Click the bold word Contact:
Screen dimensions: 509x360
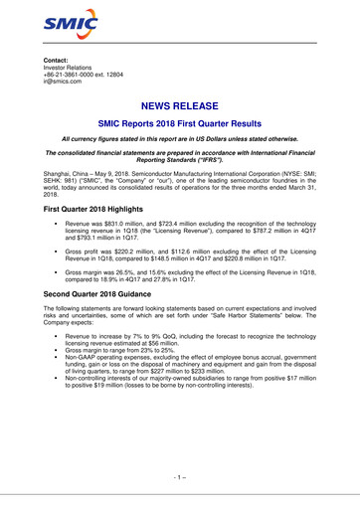[49, 61]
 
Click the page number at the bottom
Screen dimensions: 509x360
[180, 477]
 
